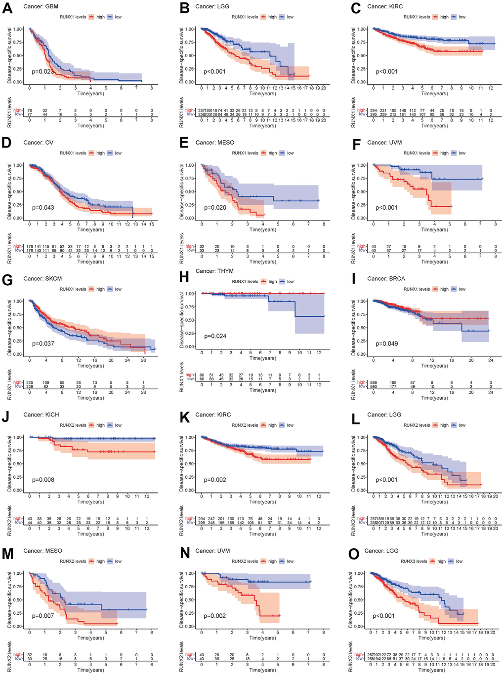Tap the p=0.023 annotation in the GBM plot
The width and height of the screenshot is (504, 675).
(43, 72)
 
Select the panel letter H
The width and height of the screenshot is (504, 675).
(184, 277)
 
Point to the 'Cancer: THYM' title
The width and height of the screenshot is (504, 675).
(214, 271)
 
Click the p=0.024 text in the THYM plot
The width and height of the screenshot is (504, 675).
(215, 336)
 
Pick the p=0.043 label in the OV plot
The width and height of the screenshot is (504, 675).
(43, 208)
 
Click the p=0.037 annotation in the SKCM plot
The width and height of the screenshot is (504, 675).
(43, 344)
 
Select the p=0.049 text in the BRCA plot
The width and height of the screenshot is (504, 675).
(386, 344)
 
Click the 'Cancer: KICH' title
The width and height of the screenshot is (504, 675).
(41, 415)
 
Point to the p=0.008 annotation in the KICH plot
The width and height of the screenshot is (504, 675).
(43, 480)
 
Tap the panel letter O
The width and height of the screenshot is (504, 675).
(354, 554)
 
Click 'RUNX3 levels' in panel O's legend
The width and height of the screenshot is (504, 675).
(414, 562)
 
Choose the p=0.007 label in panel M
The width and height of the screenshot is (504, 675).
(43, 616)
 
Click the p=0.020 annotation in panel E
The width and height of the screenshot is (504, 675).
(215, 208)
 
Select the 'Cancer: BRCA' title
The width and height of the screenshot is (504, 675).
(386, 279)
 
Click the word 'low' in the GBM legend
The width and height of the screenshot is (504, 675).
(118, 17)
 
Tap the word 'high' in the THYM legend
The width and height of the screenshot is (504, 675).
(272, 282)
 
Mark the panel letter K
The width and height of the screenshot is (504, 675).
(184, 418)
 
